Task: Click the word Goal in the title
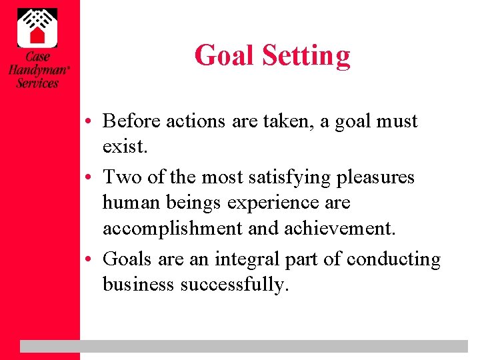click(223, 55)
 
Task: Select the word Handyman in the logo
click(37, 70)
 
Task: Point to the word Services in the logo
click(37, 83)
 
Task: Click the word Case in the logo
click(38, 57)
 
